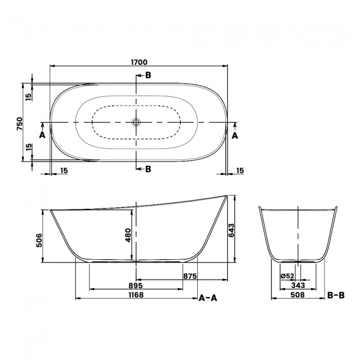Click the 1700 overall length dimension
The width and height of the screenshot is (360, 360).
[x=138, y=63]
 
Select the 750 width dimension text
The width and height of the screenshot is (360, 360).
[x=19, y=122]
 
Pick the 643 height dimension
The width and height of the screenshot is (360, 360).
[x=231, y=230]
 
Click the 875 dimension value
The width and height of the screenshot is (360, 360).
[x=191, y=275]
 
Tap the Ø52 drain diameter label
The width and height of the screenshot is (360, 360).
[x=287, y=275]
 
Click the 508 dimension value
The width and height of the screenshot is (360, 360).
[x=298, y=295]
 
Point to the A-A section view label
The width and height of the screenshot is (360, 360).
[x=208, y=298]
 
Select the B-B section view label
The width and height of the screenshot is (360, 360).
[x=336, y=295]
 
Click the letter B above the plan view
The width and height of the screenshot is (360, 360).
[x=148, y=75]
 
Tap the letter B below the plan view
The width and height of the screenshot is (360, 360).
[x=148, y=169]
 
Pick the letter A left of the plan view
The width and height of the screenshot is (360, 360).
[x=42, y=135]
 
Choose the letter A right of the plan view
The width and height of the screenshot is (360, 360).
[x=235, y=135]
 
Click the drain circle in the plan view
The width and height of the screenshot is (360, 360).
[x=136, y=122]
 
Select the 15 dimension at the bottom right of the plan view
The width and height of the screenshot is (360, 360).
[x=239, y=171]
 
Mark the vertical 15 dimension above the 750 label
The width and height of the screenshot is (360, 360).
[x=28, y=96]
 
